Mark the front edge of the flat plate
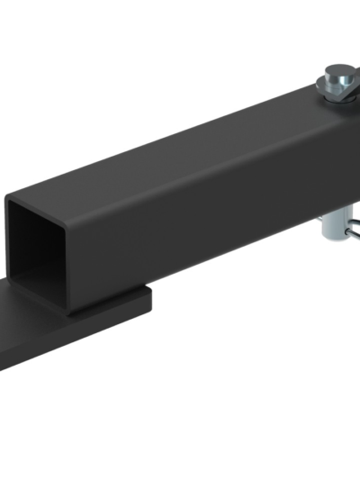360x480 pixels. pyautogui.click(x=54, y=356)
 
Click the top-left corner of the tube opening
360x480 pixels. pyautogui.click(x=9, y=201)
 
